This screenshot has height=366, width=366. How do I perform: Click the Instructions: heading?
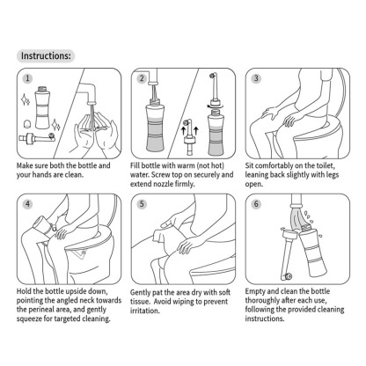[47, 55]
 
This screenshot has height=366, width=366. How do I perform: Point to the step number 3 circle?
[255, 77]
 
